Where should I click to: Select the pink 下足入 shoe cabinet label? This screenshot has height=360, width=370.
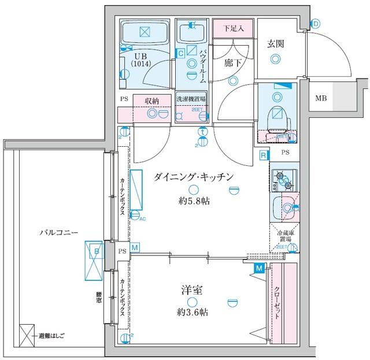(234, 28)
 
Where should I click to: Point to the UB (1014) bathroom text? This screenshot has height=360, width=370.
(141, 60)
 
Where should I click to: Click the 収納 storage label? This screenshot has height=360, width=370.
(152, 101)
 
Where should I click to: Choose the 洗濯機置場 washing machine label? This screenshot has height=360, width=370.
(191, 99)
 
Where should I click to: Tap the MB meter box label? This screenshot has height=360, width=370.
(320, 98)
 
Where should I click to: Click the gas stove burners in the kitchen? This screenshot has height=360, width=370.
(283, 181)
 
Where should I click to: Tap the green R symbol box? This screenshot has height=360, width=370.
(263, 155)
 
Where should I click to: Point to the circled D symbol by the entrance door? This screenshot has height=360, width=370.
(316, 23)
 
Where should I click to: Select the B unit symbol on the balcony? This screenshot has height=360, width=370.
(96, 253)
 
